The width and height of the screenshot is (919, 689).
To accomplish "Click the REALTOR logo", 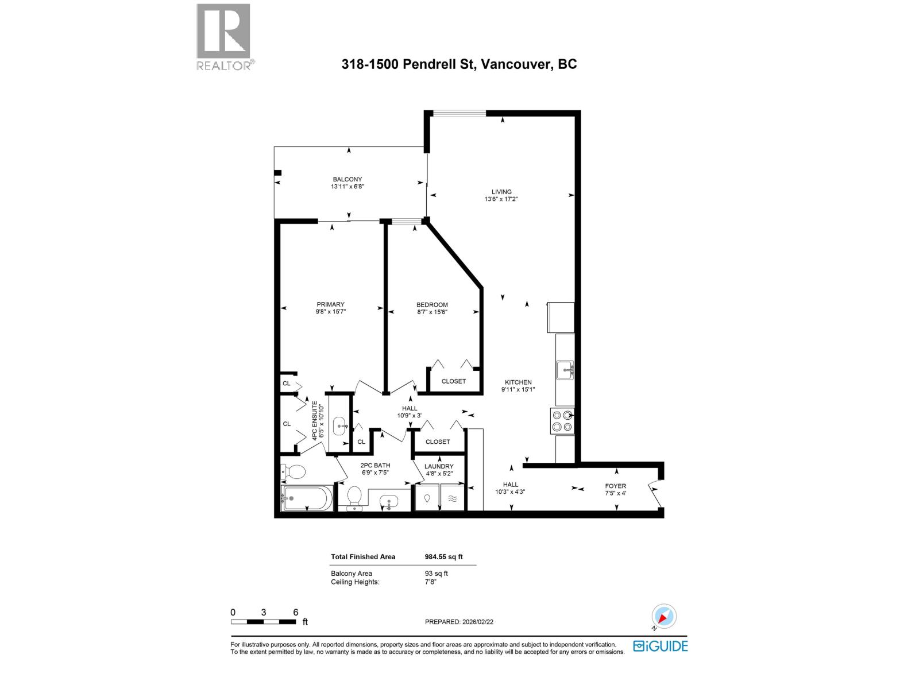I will click(224, 37).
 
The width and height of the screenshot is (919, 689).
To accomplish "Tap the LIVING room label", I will click(501, 192).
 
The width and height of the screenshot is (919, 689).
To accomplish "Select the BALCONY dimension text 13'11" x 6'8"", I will click(347, 187).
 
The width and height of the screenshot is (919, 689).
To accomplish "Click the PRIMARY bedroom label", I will click(330, 304).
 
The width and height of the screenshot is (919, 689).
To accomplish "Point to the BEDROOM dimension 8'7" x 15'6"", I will click(432, 312).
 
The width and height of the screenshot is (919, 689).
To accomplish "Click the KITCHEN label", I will click(518, 382).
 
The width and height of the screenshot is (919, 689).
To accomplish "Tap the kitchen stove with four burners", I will click(562, 421).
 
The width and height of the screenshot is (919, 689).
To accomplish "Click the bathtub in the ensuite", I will click(306, 498).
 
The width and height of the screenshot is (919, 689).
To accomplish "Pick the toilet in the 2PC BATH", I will click(354, 497).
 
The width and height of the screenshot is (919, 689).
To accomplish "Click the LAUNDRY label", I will click(439, 466).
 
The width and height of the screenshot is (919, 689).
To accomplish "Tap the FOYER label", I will click(615, 486).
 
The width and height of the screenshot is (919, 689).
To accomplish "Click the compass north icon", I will click(663, 617).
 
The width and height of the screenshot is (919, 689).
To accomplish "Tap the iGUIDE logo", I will click(660, 646).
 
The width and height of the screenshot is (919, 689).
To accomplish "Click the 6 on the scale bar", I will click(296, 612).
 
